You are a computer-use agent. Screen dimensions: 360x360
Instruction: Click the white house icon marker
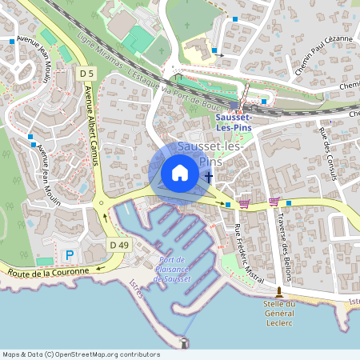coord(179,173)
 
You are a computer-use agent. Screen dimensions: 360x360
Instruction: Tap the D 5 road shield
coord(86,74)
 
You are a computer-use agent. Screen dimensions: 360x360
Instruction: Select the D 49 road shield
coord(119,244)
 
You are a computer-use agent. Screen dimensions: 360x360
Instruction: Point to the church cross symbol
coord(208,178)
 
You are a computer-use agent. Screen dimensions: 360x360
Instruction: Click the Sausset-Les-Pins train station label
coord(234,123)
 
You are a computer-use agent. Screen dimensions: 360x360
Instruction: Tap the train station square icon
coord(234,105)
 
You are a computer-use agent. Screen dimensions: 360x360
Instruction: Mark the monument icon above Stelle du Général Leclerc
coord(279,292)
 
